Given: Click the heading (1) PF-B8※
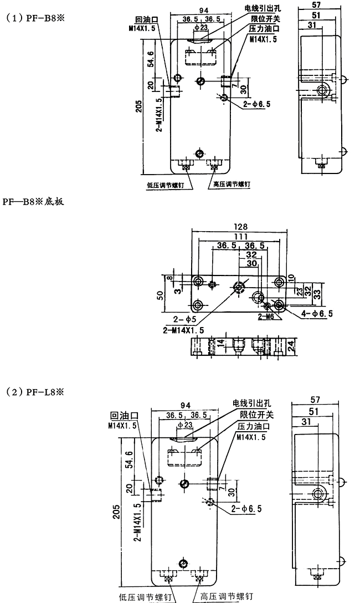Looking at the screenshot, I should (x=35, y=18).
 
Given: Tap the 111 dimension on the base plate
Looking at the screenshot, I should (x=240, y=237).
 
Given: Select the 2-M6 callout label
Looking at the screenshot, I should (x=266, y=317).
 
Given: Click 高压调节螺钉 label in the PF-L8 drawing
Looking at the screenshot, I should (x=227, y=596).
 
